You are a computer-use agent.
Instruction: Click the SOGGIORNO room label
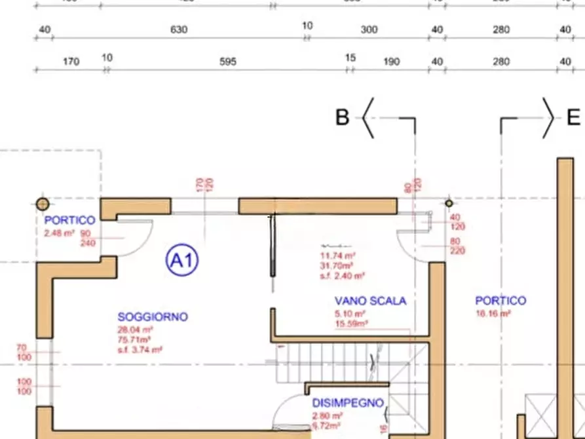153,317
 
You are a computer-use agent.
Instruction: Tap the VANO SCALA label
370,301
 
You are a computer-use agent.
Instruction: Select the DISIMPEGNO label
347,404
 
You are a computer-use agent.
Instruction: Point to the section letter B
342,118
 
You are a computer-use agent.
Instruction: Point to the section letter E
573,118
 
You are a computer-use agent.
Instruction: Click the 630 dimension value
179,30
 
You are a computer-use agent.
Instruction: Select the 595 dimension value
227,62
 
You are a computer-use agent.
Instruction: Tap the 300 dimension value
369,30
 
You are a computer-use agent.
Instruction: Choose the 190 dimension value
391,62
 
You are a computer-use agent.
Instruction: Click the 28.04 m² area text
136,330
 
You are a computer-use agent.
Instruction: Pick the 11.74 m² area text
337,256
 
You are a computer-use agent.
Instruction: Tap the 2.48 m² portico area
59,233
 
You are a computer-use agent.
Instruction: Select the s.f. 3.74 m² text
140,350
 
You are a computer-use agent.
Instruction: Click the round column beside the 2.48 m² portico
43,203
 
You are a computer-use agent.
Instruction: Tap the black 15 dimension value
350,58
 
